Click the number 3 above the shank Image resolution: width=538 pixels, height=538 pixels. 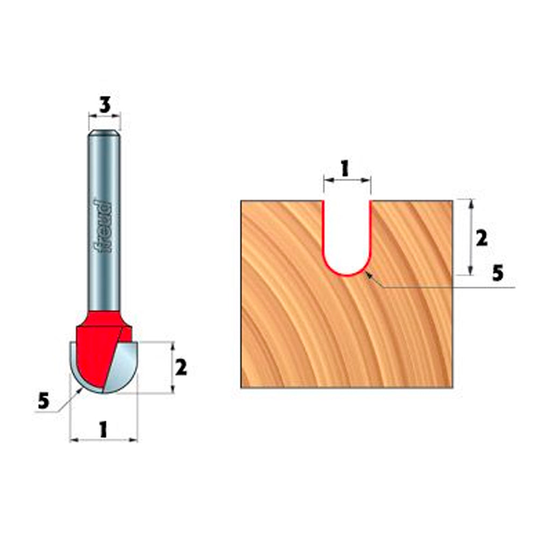click(105, 104)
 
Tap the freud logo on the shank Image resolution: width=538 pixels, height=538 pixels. click(102, 226)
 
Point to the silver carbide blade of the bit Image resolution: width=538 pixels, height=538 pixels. click(125, 366)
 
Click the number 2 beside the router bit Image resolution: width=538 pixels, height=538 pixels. click(181, 368)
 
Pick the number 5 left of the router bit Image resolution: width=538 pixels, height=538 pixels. click(44, 400)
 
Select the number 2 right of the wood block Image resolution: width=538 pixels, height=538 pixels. click(482, 237)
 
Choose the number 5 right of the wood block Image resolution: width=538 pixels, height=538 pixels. click(498, 273)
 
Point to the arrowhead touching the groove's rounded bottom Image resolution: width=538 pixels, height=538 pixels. click(368, 275)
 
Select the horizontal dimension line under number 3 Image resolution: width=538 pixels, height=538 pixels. click(105, 114)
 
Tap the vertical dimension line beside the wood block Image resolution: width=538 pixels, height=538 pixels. click(471, 237)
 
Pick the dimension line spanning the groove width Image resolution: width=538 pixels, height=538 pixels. click(347, 181)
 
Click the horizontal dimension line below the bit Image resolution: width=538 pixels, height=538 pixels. click(103, 440)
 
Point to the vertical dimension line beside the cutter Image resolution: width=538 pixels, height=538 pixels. click(172, 368)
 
